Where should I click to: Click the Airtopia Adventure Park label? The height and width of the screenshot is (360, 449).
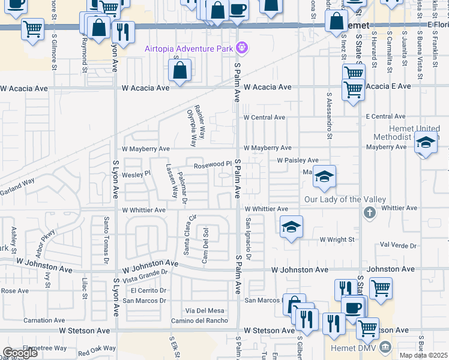pyautogui.click(x=189, y=48)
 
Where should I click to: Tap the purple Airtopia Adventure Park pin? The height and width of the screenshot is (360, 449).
pyautogui.click(x=242, y=46)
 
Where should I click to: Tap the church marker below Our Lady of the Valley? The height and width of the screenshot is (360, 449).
pyautogui.click(x=369, y=212)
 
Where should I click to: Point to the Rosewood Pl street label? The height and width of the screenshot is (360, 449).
pyautogui.click(x=212, y=164)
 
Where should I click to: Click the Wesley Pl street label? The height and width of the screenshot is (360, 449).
pyautogui.click(x=135, y=175)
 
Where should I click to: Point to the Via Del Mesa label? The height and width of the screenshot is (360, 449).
pyautogui.click(x=205, y=310)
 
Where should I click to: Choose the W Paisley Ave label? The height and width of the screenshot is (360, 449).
pyautogui.click(x=298, y=160)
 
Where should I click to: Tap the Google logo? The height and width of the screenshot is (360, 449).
pyautogui.click(x=20, y=352)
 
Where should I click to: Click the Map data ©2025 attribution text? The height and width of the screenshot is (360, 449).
pyautogui.click(x=423, y=355)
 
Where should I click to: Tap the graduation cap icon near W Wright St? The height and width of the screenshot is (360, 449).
pyautogui.click(x=291, y=227)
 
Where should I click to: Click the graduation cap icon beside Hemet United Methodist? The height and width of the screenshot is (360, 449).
pyautogui.click(x=426, y=143)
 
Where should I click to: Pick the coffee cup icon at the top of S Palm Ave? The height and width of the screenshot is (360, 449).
pyautogui.click(x=238, y=10)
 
